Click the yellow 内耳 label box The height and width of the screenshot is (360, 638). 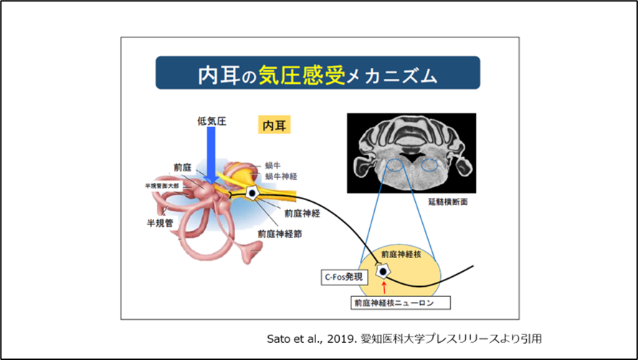tap(274, 125)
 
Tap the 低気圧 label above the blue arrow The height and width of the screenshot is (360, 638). tap(211, 121)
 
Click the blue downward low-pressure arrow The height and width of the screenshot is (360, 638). tap(212, 154)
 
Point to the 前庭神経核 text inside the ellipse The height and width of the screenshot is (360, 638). tap(401, 255)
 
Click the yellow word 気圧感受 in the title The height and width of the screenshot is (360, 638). tap(304, 73)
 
